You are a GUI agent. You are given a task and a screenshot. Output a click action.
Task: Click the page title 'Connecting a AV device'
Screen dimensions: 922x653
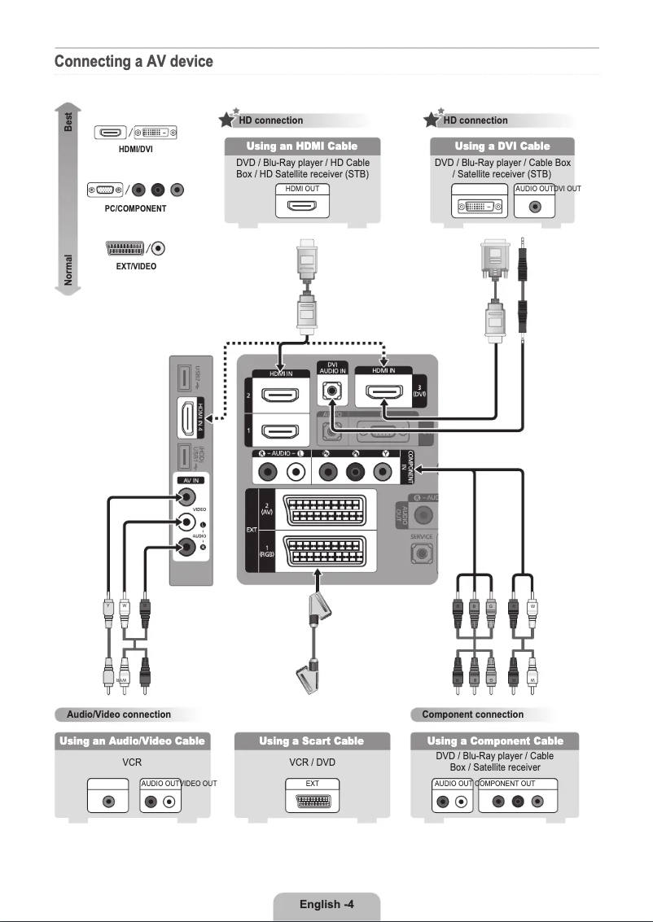coord(134,62)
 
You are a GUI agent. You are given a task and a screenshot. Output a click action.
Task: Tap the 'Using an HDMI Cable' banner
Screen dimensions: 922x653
coord(302,146)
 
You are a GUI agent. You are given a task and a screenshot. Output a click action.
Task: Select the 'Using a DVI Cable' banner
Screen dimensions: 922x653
coord(502,146)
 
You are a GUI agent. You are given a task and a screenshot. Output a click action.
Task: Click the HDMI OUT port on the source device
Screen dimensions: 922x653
coord(302,205)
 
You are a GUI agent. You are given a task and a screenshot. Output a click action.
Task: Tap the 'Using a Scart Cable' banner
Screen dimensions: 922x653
coord(312,741)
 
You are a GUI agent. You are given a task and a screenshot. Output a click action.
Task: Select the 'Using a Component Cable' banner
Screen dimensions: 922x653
coord(495,741)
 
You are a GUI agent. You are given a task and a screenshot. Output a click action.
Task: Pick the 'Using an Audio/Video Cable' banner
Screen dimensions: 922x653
coord(132,741)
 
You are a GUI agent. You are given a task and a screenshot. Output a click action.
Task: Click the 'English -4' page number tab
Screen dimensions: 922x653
coord(326,904)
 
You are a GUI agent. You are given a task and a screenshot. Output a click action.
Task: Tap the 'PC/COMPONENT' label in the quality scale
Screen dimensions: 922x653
coord(135,209)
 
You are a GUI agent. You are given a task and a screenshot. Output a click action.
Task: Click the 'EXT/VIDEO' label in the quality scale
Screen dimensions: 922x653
coord(135,266)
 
